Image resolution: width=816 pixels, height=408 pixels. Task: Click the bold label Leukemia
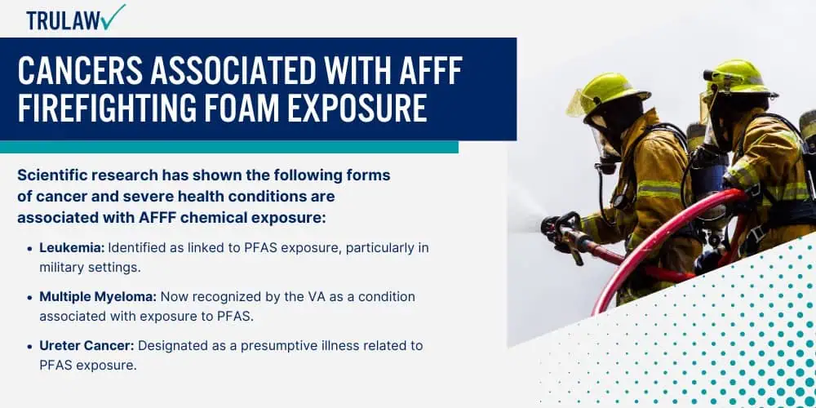(72, 248)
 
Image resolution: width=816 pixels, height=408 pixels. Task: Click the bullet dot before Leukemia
(29, 248)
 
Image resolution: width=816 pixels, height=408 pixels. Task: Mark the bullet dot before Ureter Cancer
(29, 346)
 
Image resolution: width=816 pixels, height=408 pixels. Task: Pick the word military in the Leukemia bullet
(60, 268)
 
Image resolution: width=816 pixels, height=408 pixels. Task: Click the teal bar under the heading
(229, 147)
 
